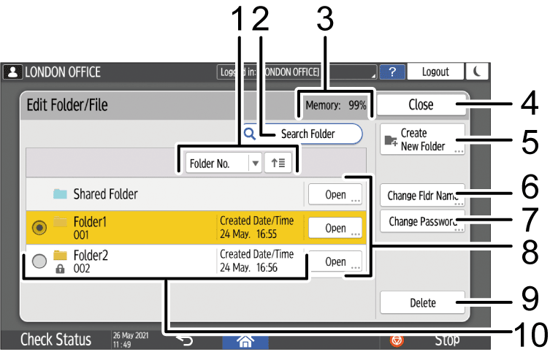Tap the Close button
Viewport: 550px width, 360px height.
pos(421,104)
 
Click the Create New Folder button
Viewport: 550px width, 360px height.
pos(422,139)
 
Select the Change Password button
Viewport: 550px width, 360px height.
pos(422,221)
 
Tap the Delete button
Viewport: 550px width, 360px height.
pos(422,302)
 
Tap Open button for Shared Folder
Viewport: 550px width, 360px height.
pos(335,195)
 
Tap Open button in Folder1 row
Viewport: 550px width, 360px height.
pos(335,228)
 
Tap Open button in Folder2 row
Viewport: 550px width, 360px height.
pos(335,261)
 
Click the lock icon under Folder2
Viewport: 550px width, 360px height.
pos(61,269)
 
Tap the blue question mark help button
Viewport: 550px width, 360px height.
pos(392,72)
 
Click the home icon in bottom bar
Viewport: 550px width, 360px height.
pos(246,340)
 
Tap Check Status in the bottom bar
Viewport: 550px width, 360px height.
pos(56,340)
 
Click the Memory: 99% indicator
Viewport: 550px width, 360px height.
pos(335,105)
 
